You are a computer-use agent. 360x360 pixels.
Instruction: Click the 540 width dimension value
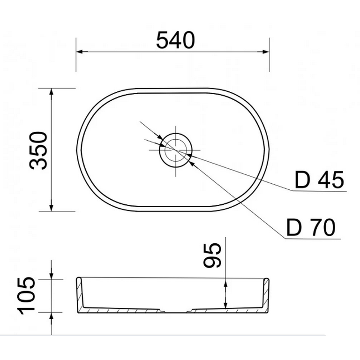pos(175,40)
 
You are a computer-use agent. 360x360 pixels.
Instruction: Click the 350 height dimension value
pos(38,150)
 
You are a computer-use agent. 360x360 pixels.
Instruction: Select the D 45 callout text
pos(319,180)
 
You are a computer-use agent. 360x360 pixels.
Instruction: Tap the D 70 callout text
pos(311,227)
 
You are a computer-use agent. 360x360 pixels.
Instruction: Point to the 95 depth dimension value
pos(212,255)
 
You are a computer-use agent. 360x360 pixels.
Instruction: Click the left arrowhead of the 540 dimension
pos(79,52)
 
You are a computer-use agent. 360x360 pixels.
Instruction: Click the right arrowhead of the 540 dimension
pos(266,52)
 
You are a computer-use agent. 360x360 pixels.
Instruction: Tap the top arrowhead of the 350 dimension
pos(52,91)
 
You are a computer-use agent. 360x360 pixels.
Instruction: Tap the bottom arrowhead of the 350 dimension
pos(52,208)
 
